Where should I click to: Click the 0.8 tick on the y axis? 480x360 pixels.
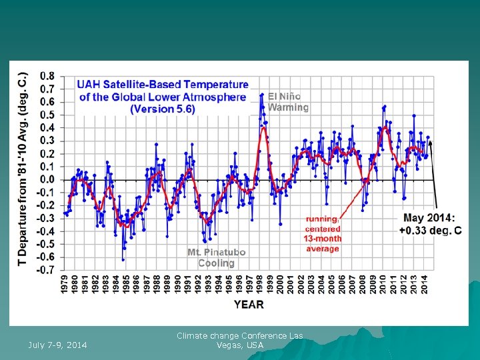(48, 76)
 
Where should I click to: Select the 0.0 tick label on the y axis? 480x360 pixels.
(48, 180)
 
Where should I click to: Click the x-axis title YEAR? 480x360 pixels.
(248, 305)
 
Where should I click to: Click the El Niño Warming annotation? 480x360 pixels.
(288, 101)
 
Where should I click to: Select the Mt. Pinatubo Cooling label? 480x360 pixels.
(217, 258)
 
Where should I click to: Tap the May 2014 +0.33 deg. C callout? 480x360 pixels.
(430, 224)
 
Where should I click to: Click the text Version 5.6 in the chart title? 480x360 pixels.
(163, 109)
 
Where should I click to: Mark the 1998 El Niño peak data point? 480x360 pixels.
(262, 95)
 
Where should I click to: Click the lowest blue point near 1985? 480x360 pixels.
(123, 259)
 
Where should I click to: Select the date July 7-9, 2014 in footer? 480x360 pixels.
(57, 345)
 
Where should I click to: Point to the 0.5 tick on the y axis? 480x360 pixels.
(48, 115)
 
